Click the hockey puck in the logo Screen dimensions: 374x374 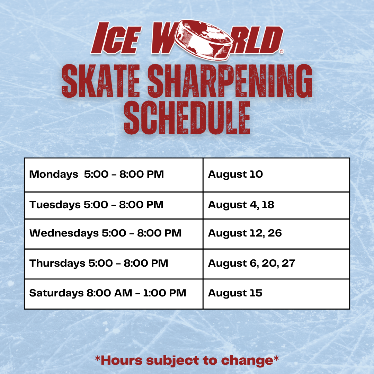click(x=204, y=39)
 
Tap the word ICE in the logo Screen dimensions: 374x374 click(x=116, y=38)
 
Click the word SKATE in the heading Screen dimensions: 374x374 click(x=101, y=81)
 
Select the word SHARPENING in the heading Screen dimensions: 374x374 click(x=230, y=81)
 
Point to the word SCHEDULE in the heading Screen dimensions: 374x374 click(x=187, y=118)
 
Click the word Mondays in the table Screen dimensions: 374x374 click(x=54, y=175)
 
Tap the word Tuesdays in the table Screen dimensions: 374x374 click(x=55, y=205)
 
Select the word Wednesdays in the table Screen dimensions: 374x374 click(x=64, y=233)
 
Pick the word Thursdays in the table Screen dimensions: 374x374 click(x=57, y=263)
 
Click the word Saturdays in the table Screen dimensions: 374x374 click(x=56, y=293)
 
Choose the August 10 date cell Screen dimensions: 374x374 click(x=276, y=175)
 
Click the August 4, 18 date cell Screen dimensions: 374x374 click(x=276, y=205)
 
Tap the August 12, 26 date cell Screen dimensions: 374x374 click(x=276, y=234)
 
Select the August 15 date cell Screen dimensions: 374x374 click(x=276, y=294)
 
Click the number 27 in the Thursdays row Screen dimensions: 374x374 click(x=288, y=263)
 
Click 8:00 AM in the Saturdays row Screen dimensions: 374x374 click(x=109, y=293)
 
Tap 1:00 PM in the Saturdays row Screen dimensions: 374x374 click(x=165, y=293)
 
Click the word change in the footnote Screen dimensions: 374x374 click(x=247, y=360)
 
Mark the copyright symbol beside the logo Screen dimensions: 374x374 click(x=282, y=51)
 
